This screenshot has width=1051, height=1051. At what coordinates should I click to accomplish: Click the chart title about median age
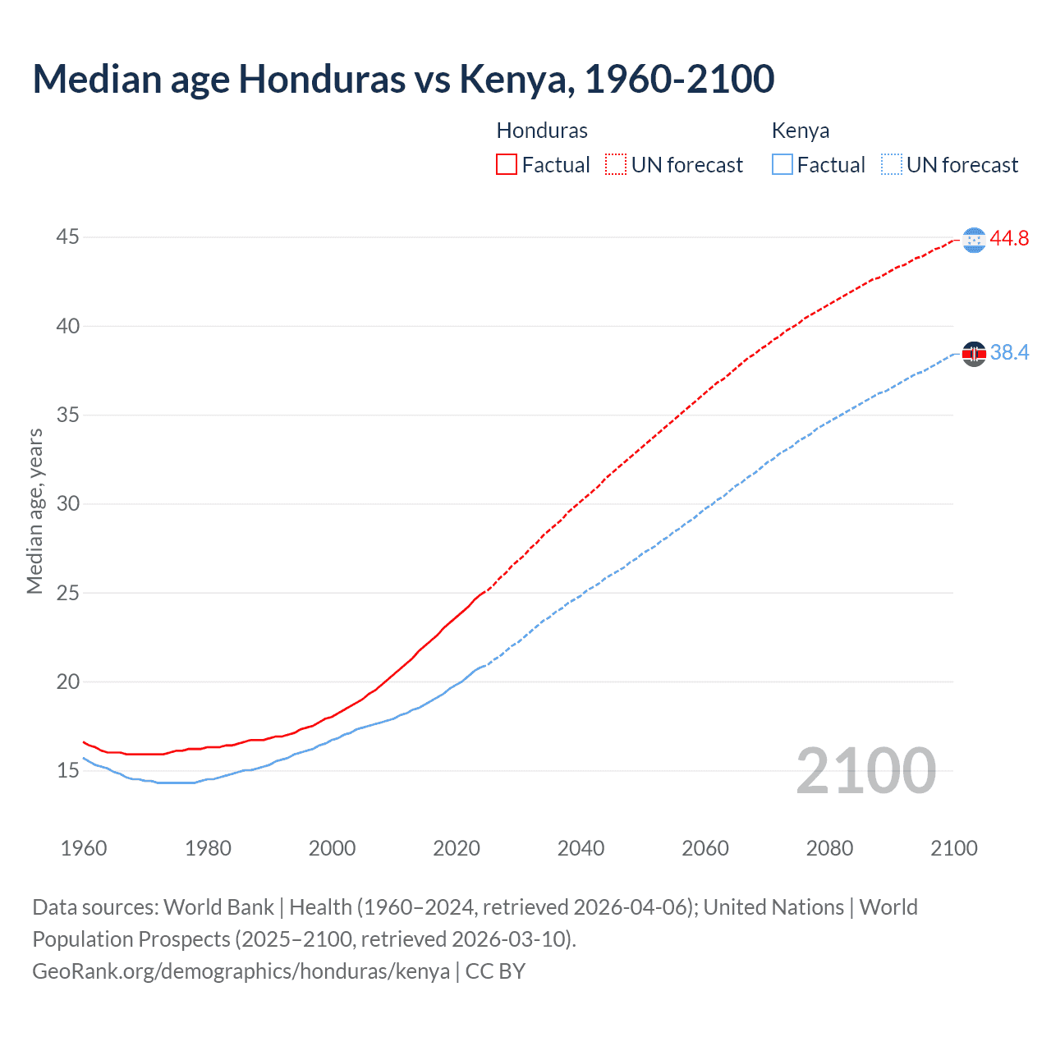[403, 79]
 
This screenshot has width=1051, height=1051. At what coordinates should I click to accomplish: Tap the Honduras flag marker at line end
[974, 240]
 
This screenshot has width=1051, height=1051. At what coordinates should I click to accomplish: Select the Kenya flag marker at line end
[974, 354]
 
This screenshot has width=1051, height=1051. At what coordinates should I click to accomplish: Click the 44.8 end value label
[1009, 239]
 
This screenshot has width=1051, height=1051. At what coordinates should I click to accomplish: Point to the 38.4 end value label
[1009, 353]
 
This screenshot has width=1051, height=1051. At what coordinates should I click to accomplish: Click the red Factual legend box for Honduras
[507, 165]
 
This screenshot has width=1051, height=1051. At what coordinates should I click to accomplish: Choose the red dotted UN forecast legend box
[616, 165]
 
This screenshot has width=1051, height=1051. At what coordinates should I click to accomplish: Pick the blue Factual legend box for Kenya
[783, 165]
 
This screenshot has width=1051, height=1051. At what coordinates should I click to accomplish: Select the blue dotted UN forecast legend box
[892, 165]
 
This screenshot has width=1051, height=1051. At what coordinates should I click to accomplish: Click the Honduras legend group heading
[542, 131]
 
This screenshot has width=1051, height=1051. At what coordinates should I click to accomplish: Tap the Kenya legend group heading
[801, 131]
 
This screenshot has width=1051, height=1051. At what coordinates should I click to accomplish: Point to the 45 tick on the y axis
[67, 237]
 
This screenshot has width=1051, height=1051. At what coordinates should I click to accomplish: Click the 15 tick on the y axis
[67, 770]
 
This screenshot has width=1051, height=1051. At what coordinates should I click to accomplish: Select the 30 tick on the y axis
[67, 503]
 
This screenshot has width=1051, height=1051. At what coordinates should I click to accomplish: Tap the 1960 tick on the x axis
[84, 848]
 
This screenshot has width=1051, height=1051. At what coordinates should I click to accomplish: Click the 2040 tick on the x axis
[581, 848]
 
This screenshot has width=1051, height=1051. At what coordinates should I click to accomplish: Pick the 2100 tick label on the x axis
[953, 848]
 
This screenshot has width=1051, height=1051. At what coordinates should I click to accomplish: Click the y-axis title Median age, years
[34, 511]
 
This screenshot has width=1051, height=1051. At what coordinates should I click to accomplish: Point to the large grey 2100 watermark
[865, 770]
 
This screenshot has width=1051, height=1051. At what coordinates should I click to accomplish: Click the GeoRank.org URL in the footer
[241, 971]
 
